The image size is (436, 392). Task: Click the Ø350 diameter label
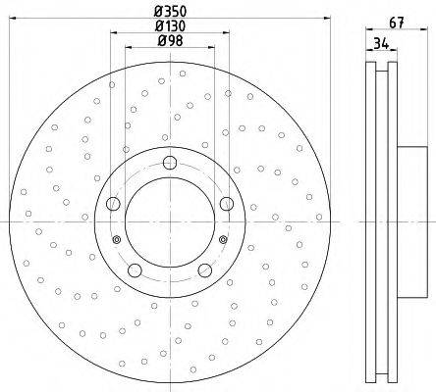pyautogui.click(x=170, y=12)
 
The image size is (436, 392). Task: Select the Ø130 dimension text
pyautogui.click(x=170, y=25)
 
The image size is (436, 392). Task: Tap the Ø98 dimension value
pyautogui.click(x=170, y=41)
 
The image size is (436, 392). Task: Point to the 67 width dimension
pyautogui.click(x=397, y=23)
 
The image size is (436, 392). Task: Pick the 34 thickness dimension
pyautogui.click(x=381, y=43)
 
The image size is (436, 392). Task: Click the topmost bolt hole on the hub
pyautogui.click(x=170, y=163)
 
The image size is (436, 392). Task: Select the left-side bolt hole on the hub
pyautogui.click(x=113, y=204)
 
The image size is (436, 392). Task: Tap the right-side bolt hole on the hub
pyautogui.click(x=227, y=204)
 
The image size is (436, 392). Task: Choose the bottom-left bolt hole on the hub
pyautogui.click(x=135, y=270)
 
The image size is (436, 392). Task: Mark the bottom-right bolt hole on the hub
pyautogui.click(x=205, y=270)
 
